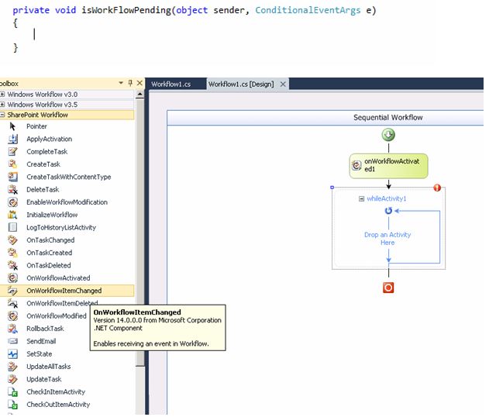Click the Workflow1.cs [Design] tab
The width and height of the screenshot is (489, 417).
241,84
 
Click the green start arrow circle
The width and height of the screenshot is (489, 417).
388,135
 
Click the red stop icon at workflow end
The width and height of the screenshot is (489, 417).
388,288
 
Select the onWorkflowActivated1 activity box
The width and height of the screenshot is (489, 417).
388,165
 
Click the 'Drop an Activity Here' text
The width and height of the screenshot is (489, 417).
387,238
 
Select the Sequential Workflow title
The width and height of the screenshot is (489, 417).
388,118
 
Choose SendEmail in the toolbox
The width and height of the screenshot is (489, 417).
41,341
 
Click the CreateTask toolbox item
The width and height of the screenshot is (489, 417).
43,164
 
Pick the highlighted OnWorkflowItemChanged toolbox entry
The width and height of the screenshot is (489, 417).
64,291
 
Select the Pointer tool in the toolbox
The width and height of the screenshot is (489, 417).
36,126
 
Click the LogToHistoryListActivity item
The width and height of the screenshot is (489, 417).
61,227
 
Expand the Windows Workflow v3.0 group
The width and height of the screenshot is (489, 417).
4,94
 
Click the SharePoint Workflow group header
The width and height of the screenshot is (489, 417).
37,115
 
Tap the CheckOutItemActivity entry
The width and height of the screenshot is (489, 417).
58,404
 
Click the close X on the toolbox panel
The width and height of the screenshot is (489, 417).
139,83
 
